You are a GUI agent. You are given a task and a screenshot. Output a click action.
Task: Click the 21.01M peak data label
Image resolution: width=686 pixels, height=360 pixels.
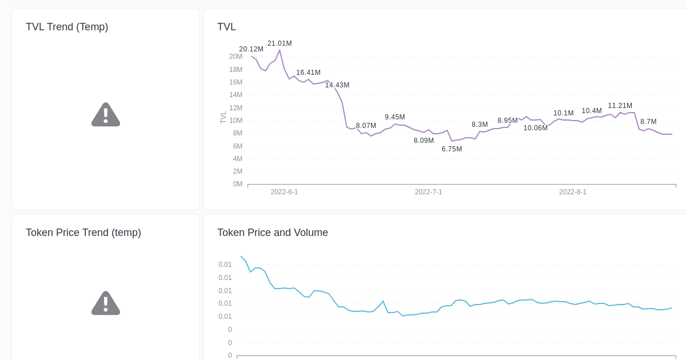[x=280, y=43]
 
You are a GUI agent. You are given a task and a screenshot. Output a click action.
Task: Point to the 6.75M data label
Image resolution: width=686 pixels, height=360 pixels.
[x=452, y=149]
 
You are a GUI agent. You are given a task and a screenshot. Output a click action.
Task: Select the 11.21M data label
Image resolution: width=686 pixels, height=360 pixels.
[x=620, y=106]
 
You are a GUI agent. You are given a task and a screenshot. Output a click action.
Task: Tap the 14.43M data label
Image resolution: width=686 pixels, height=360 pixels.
[x=337, y=85]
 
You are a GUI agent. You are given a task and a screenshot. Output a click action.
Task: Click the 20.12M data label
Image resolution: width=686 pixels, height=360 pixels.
[x=251, y=49]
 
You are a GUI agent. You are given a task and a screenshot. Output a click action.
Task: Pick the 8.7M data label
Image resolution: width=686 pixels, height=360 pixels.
[x=648, y=122]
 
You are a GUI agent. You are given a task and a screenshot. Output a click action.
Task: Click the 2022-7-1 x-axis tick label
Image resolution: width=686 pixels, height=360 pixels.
[x=428, y=192]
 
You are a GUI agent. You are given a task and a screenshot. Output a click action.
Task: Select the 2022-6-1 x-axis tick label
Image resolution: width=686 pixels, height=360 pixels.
[x=284, y=192]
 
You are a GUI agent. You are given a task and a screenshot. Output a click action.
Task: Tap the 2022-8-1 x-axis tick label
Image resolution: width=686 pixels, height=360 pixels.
[x=572, y=192]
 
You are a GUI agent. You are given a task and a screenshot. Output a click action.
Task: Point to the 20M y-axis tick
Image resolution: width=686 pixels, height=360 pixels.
[x=236, y=57]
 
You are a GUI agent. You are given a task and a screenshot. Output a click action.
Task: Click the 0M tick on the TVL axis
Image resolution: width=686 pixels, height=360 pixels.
[x=237, y=184]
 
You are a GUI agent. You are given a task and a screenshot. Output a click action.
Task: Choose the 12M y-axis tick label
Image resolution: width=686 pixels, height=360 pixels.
[x=236, y=108]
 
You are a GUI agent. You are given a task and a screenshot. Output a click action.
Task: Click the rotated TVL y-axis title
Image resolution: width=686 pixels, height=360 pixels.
[x=224, y=118]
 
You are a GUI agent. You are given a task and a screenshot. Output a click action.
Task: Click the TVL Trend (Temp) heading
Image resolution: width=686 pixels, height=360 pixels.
[x=67, y=27]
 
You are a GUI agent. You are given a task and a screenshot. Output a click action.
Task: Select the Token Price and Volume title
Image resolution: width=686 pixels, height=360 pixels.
[x=272, y=233]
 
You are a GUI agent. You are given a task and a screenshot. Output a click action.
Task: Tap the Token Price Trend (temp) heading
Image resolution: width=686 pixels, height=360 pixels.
[x=83, y=233]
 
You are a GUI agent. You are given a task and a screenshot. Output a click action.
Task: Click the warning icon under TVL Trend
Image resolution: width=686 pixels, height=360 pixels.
[x=106, y=115]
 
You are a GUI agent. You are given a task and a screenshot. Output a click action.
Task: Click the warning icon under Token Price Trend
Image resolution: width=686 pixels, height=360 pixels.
[x=106, y=303]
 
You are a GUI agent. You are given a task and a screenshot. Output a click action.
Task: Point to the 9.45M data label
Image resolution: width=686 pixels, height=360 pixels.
[x=394, y=117]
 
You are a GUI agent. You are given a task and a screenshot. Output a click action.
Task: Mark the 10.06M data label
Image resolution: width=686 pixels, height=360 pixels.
[x=535, y=128]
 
